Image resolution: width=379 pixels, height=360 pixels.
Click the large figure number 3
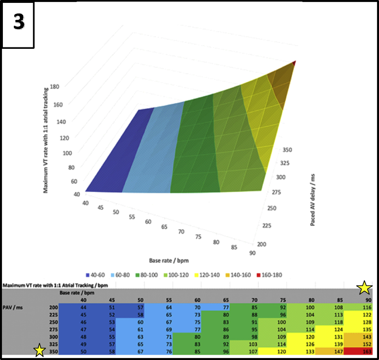coord(18,23)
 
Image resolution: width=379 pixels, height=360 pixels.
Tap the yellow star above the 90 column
coord(364,287)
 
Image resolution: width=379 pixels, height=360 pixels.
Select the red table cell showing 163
coord(364,351)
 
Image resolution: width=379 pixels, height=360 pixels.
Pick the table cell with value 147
coord(338,351)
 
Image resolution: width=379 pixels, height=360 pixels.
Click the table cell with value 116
coord(364,307)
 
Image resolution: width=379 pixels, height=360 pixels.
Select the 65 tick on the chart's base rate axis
coord(164,227)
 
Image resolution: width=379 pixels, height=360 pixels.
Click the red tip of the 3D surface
coord(294,63)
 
